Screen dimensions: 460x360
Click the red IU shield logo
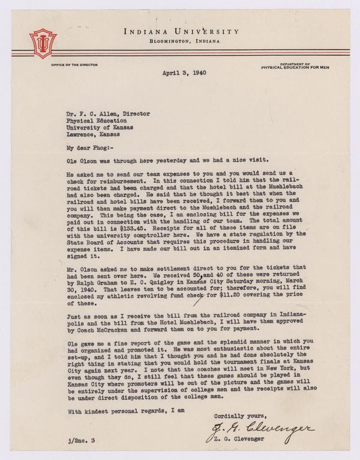point(43,43)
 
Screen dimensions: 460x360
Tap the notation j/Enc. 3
point(80,441)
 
